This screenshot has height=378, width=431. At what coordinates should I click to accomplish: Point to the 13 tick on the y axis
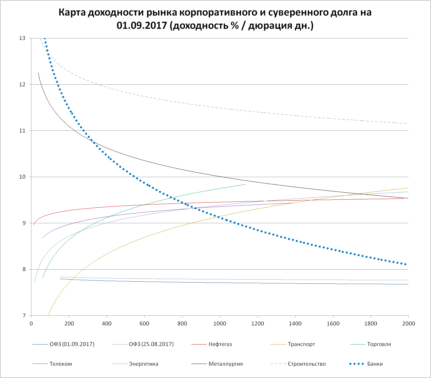click(22, 38)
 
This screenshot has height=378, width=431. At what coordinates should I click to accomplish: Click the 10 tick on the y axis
click(22, 177)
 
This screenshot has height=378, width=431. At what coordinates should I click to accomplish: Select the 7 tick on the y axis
click(24, 316)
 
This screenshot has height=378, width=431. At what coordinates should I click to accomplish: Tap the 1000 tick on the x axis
click(220, 323)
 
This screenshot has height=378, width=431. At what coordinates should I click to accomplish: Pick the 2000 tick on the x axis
click(408, 323)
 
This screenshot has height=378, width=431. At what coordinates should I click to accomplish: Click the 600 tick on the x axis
click(144, 323)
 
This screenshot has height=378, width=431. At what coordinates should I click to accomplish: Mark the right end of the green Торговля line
click(245, 184)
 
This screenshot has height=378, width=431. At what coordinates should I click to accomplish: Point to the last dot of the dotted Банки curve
click(405, 264)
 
